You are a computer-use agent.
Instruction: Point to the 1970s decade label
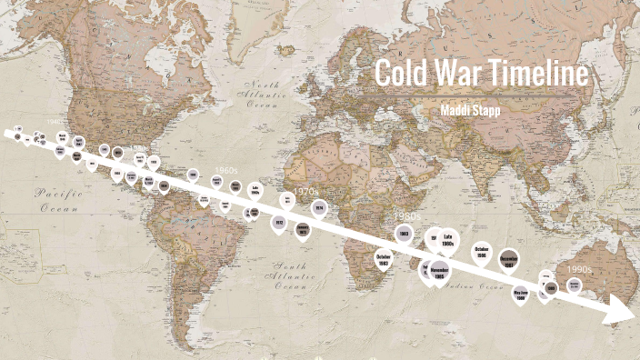(x=305, y=192)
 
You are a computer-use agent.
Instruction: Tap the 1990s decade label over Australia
(x=579, y=269)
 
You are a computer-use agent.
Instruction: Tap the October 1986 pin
(x=482, y=253)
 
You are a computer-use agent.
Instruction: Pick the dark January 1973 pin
(x=303, y=230)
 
